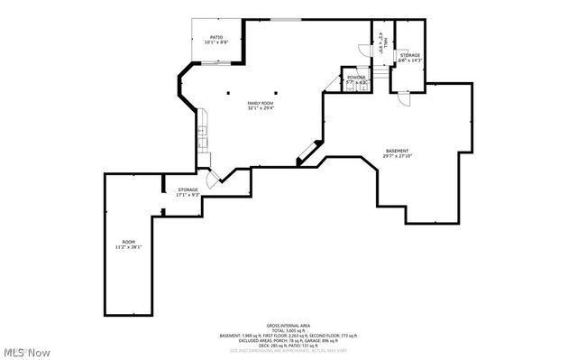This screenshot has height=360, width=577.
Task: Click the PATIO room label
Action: coord(216,37)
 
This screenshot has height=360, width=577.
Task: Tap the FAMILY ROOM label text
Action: coord(261,104)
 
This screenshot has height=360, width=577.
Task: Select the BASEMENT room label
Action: coord(397,151)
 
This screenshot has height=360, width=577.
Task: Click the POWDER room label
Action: coord(356,78)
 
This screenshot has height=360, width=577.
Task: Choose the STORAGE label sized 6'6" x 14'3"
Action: coord(411,55)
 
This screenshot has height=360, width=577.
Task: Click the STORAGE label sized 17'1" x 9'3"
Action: coord(188,189)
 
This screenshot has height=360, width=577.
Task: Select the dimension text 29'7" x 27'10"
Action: coord(397,156)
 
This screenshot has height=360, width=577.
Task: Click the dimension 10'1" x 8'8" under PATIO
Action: coord(216,42)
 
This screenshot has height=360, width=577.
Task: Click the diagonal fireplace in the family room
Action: coord(307,152)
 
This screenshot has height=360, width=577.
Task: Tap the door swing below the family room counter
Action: coord(211,179)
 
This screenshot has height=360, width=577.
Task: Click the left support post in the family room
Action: coord(229,93)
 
